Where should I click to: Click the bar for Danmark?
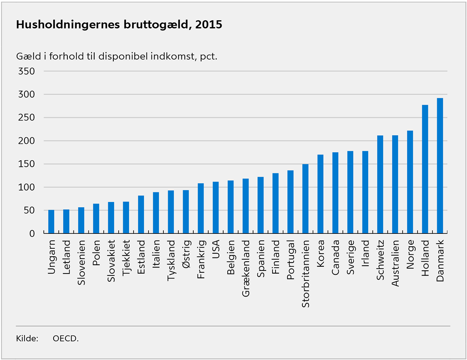(440, 166)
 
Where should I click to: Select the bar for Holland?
(425, 169)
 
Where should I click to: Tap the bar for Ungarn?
(51, 222)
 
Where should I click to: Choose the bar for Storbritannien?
(305, 199)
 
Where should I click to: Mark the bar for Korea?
(320, 194)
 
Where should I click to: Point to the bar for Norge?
(410, 182)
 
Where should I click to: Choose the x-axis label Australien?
(395, 263)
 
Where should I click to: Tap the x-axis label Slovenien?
(81, 263)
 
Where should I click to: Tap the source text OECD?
(65, 338)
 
